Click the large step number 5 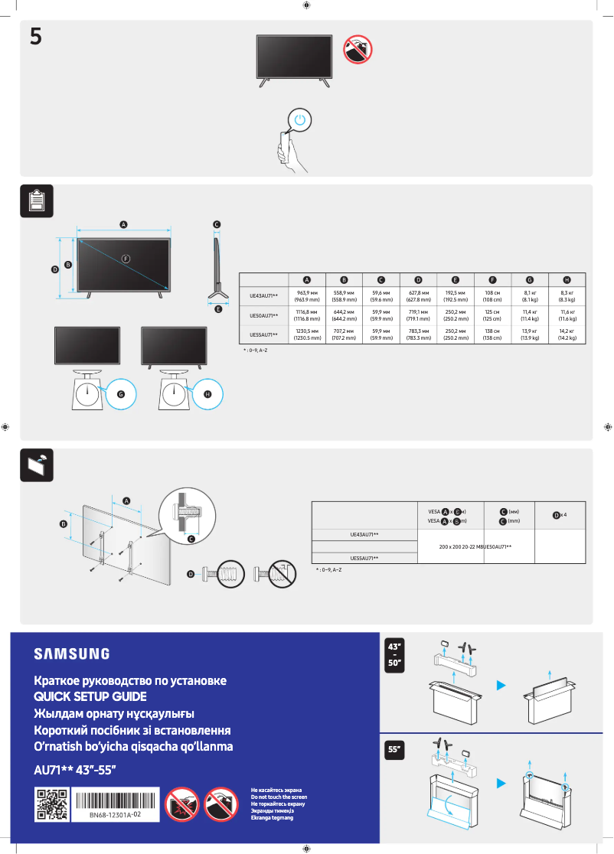coord(36,36)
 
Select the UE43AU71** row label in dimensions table coord(264,295)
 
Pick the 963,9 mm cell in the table coord(307,295)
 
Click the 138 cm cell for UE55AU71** coord(492,334)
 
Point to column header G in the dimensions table coord(529,279)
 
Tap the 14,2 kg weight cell coord(567,334)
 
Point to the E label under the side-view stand coord(218,309)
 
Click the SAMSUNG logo coord(71,654)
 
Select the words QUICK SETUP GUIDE coord(90,697)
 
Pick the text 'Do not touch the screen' coord(279,797)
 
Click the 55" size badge coord(395,751)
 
